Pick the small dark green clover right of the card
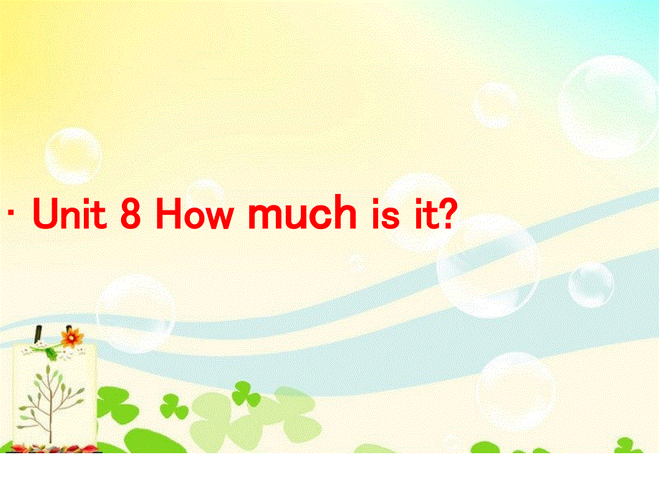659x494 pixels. point(174,408)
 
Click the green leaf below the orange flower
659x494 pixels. point(52,352)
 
